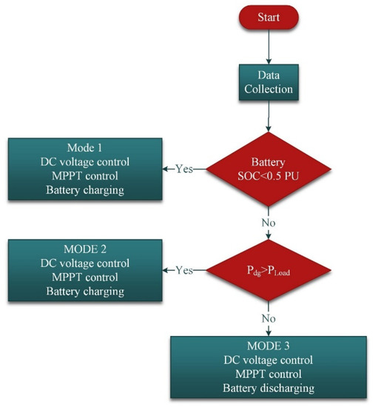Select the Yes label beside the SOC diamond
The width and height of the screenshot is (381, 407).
pos(185,169)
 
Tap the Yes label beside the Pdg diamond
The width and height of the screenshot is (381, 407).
pos(185,271)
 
